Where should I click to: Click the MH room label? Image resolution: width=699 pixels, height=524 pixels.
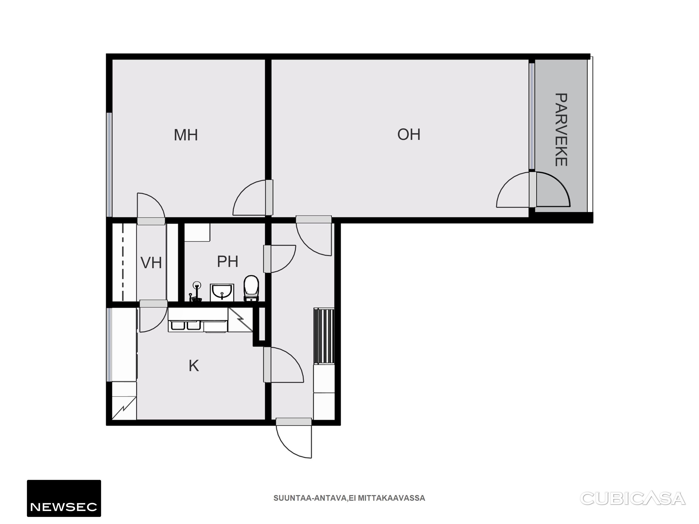point(186,135)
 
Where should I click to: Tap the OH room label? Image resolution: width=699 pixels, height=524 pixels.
point(409,135)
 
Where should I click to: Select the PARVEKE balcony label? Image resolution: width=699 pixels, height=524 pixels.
point(561,129)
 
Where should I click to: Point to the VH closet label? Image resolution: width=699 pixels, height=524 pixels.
point(151,263)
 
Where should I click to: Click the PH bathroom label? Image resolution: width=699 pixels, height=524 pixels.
point(228,261)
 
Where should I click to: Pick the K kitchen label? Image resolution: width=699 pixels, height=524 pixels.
point(194,366)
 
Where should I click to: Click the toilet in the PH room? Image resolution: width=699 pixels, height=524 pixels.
point(251,288)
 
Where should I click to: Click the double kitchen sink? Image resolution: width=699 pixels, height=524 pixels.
point(184,325)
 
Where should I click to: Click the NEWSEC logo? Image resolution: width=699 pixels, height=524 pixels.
point(64,498)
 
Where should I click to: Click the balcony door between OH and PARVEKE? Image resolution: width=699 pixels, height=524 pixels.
point(533,190)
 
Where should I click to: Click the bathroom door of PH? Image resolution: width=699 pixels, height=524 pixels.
point(280,258)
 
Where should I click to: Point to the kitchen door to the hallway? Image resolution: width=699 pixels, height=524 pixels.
point(283,365)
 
